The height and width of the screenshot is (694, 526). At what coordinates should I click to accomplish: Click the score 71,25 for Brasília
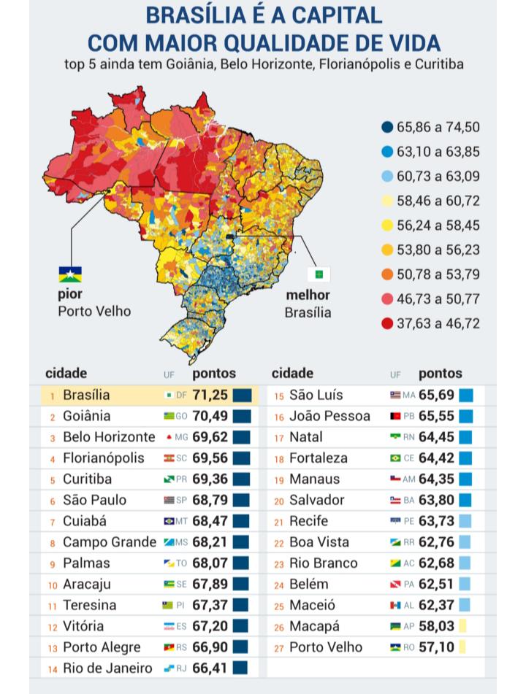[x=210, y=396]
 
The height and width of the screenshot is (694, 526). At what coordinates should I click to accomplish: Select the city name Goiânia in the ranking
[x=87, y=416]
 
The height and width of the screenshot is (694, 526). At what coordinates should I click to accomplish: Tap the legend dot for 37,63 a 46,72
[x=387, y=323]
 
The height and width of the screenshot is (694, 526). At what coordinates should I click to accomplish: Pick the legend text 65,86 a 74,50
[x=438, y=127]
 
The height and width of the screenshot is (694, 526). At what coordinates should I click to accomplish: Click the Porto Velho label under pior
[x=94, y=312]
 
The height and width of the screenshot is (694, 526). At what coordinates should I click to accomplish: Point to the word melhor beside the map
[x=308, y=296]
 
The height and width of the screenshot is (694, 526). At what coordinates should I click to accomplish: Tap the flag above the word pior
[x=70, y=274]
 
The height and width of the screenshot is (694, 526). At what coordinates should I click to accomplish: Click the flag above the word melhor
[x=319, y=274]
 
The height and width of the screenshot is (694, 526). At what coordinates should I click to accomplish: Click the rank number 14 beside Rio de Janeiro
[x=53, y=669]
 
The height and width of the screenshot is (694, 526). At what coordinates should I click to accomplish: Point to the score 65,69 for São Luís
[x=436, y=396]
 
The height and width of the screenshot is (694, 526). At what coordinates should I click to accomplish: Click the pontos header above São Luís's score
[x=440, y=374]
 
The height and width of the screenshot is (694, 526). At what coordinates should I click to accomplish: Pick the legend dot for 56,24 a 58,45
[x=387, y=225]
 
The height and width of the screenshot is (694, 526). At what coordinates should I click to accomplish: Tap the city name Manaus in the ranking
[x=314, y=479]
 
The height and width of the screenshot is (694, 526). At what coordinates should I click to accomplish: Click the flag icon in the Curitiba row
[x=169, y=479]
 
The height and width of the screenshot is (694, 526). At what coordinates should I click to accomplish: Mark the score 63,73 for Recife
[x=436, y=521]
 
